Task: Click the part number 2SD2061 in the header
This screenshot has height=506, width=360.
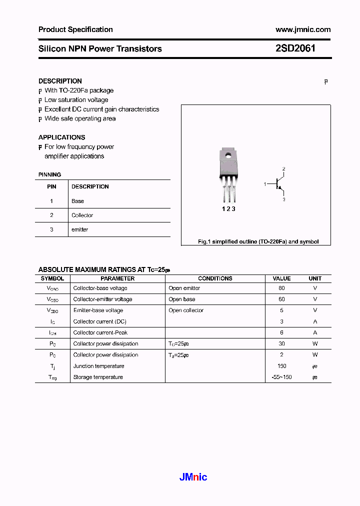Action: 295,48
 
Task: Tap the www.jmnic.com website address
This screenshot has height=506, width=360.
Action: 303,29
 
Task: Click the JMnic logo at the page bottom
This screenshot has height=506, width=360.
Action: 193,477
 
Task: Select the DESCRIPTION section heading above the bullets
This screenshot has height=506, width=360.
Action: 60,81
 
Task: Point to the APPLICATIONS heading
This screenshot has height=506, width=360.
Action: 61,137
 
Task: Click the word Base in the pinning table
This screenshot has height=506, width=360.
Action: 77,201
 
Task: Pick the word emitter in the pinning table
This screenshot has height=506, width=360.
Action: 79,229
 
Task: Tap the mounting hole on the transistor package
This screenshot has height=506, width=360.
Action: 228,155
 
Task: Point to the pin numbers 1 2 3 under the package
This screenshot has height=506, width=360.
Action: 228,209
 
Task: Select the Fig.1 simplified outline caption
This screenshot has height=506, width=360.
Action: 258,241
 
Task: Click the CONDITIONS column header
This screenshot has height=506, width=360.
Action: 215,278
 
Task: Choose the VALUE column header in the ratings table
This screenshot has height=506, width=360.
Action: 281,278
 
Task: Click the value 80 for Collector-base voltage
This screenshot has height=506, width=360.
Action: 281,288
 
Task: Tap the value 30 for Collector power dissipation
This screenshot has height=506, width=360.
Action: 281,343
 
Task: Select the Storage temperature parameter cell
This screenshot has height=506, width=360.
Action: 98,377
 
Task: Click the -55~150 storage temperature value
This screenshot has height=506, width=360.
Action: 281,377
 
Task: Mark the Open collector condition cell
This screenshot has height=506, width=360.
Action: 186,310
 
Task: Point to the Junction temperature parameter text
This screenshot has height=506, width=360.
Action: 98,366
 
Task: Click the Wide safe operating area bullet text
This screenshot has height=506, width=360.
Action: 80,118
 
